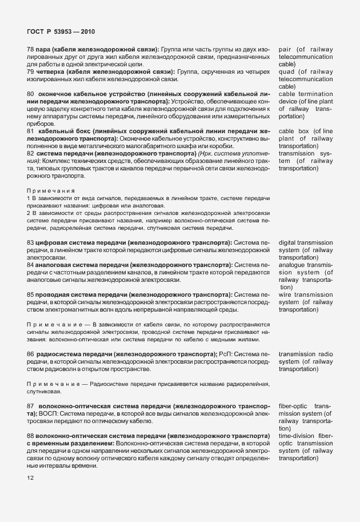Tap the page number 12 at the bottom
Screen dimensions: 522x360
[x=30, y=477]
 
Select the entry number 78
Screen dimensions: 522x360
[x=30, y=50]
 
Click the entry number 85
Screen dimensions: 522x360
[x=30, y=294]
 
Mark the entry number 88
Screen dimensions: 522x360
[x=30, y=436]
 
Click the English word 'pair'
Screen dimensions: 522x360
[x=286, y=50]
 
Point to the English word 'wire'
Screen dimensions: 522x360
[x=286, y=294]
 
